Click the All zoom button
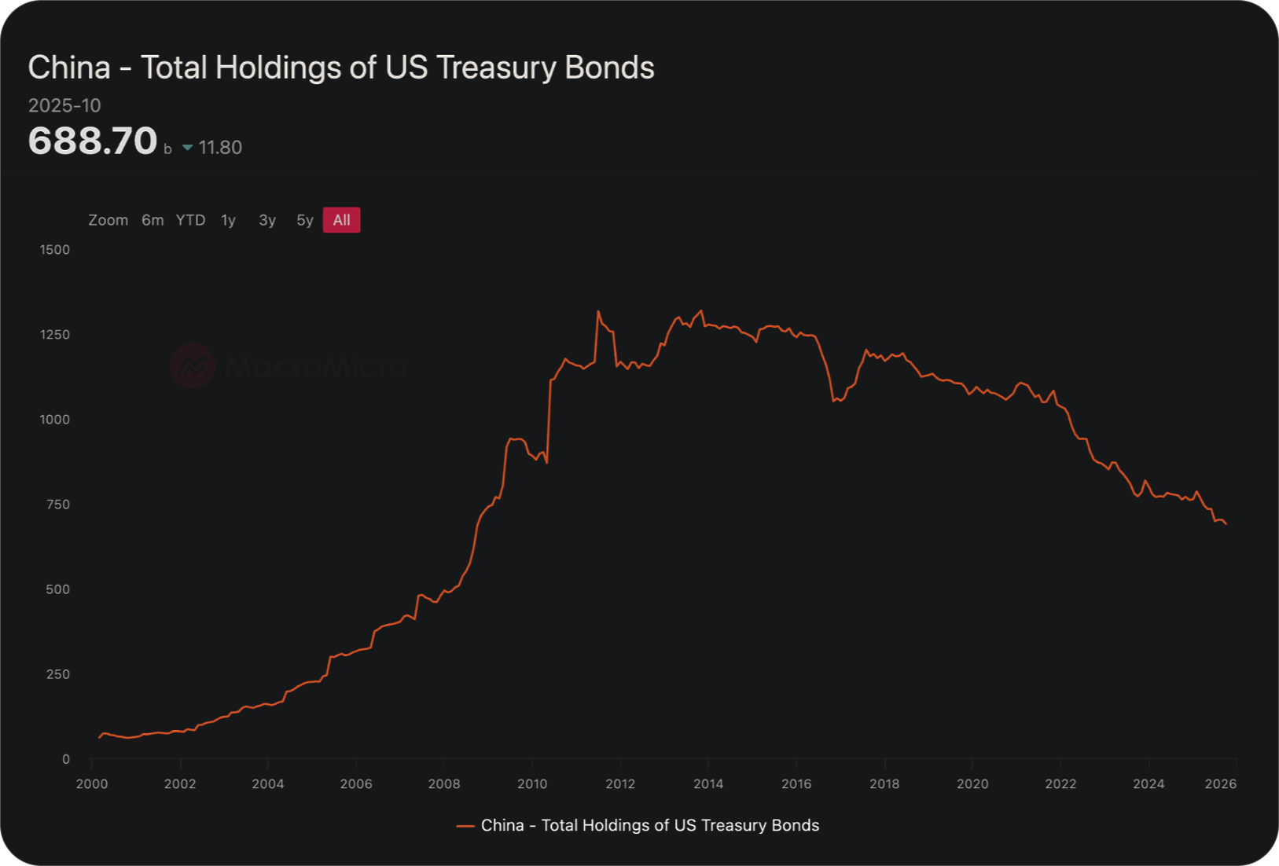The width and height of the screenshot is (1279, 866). [x=341, y=220]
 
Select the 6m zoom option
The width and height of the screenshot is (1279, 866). [x=153, y=220]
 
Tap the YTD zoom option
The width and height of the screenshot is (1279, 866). [x=190, y=220]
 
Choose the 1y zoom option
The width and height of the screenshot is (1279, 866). [x=228, y=220]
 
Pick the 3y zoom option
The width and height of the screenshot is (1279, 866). [x=267, y=220]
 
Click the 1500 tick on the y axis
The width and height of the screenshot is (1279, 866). [x=55, y=250]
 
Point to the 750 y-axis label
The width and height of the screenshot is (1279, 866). [x=58, y=505]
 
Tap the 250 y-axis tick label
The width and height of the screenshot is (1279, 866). [x=58, y=674]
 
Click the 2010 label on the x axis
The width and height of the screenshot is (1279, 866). [x=532, y=783]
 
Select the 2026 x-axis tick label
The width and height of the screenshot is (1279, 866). [x=1221, y=783]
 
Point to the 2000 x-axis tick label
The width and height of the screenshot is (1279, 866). [x=92, y=783]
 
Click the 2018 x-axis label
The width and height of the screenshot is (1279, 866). [x=884, y=783]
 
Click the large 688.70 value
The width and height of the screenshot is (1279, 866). [x=93, y=141]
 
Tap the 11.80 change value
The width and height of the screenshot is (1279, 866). [x=220, y=148]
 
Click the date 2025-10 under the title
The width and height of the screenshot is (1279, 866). [x=64, y=105]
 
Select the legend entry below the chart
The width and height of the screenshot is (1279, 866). [x=638, y=825]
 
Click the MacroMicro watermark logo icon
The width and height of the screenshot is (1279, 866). [x=193, y=365]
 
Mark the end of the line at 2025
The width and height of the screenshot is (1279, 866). [x=1226, y=524]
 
